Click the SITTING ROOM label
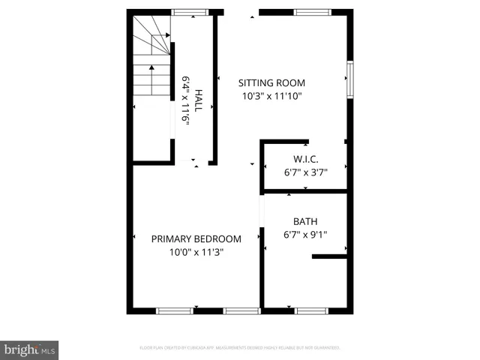click(x=272, y=83)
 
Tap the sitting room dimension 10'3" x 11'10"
click(x=272, y=96)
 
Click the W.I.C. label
click(x=305, y=159)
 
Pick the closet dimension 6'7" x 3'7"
click(x=305, y=172)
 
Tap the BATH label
click(x=305, y=221)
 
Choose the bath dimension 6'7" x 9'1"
click(x=305, y=234)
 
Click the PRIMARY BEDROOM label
click(x=196, y=239)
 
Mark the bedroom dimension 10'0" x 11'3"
click(x=196, y=252)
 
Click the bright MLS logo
click(x=30, y=349)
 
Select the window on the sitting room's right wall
click(x=349, y=79)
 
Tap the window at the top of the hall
click(x=190, y=12)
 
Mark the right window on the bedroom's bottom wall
click(x=241, y=310)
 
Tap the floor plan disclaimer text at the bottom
click(x=240, y=348)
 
